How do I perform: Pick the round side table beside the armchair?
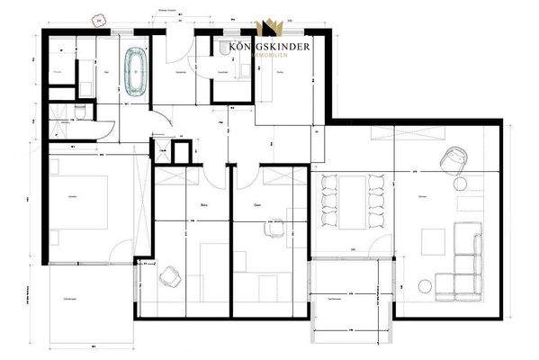coord(462,184)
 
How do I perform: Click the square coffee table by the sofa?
coord(434,240)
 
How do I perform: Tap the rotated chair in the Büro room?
coord(169,275)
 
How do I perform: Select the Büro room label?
coord(202,205)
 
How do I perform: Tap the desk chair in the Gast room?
coord(269,229)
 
